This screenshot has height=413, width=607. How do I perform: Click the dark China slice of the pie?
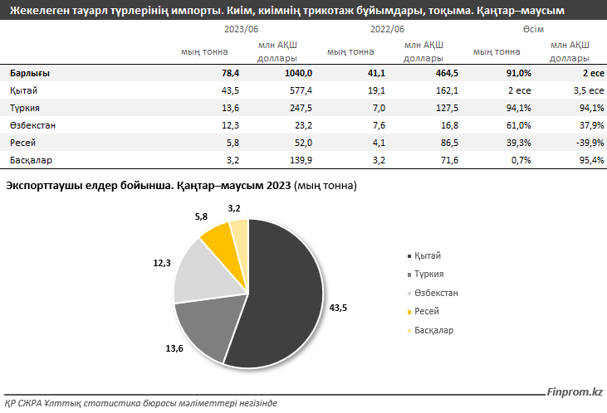coord(282,290)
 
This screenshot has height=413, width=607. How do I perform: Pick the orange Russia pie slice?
coord(218,236)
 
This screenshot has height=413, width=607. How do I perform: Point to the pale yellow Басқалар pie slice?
coord(239,230)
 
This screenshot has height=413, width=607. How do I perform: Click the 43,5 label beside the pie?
coord(338,308)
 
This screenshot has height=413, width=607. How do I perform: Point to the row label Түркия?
coord(25,108)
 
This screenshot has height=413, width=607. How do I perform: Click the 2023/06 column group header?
coord(241,29)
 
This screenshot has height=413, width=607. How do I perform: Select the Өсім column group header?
coord(533,29)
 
